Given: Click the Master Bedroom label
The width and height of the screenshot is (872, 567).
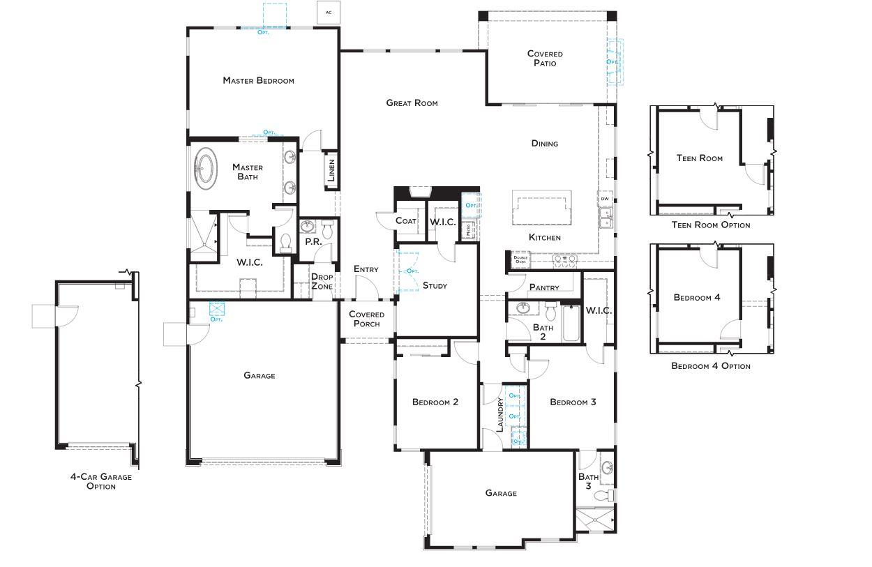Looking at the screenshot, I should coord(258,80).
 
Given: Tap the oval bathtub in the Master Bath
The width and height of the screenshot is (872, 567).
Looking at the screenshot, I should coord(205,168).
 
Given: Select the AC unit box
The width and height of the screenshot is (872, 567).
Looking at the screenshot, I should coord(328,13).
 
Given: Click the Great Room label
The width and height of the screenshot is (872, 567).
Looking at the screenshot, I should coord(412,103).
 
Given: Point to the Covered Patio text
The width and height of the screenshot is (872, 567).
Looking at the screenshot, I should coord(545,59).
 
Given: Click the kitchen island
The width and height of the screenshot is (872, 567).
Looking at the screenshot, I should coord(543,209).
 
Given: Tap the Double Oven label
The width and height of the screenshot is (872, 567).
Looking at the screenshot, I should coord(520,259).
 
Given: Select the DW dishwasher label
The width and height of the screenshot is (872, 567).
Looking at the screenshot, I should coord(604,199).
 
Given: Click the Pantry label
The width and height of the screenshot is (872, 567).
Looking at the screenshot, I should coord(544,287).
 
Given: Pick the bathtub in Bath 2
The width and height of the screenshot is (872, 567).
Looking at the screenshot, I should coord(571,324).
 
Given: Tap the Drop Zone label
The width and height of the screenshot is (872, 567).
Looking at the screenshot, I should coord(322,282).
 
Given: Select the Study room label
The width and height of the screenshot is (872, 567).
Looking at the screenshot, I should coord(435,286).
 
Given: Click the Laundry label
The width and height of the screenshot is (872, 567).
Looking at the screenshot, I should coord(500,415).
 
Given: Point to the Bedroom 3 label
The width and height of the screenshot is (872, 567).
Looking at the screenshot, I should coord(572,402).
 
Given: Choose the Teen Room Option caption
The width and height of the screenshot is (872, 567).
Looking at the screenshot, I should coord(710,225).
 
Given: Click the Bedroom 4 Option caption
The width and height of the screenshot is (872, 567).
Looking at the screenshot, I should coord(710,366).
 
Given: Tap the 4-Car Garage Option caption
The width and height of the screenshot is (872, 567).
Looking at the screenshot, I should coord(100,481).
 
